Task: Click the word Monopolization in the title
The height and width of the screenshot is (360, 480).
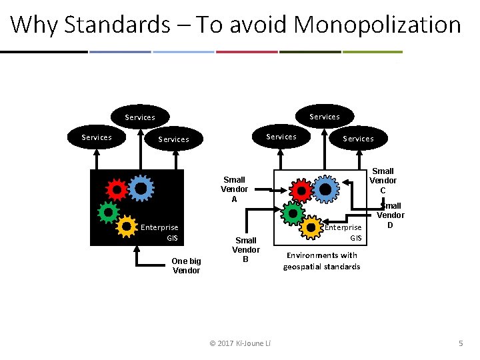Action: point(377,25)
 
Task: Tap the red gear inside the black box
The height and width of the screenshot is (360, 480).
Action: point(117,191)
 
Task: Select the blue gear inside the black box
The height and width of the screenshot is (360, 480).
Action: point(141,189)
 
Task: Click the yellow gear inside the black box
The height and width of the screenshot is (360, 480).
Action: point(126,227)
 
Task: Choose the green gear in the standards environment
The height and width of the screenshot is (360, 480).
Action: point(292,213)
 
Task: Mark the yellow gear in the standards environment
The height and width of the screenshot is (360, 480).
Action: point(311,227)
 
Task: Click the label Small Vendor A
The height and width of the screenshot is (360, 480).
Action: point(234,189)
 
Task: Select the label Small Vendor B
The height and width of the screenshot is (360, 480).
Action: point(245,249)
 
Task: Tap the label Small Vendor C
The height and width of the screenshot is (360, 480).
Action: point(383,181)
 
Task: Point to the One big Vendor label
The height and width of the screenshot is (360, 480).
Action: point(185,265)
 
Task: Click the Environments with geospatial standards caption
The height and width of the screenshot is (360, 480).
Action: point(321,261)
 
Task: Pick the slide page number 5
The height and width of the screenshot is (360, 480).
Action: point(460,343)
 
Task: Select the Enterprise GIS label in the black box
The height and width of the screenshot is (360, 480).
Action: point(159,232)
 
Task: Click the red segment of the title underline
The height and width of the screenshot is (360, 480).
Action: point(247,51)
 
